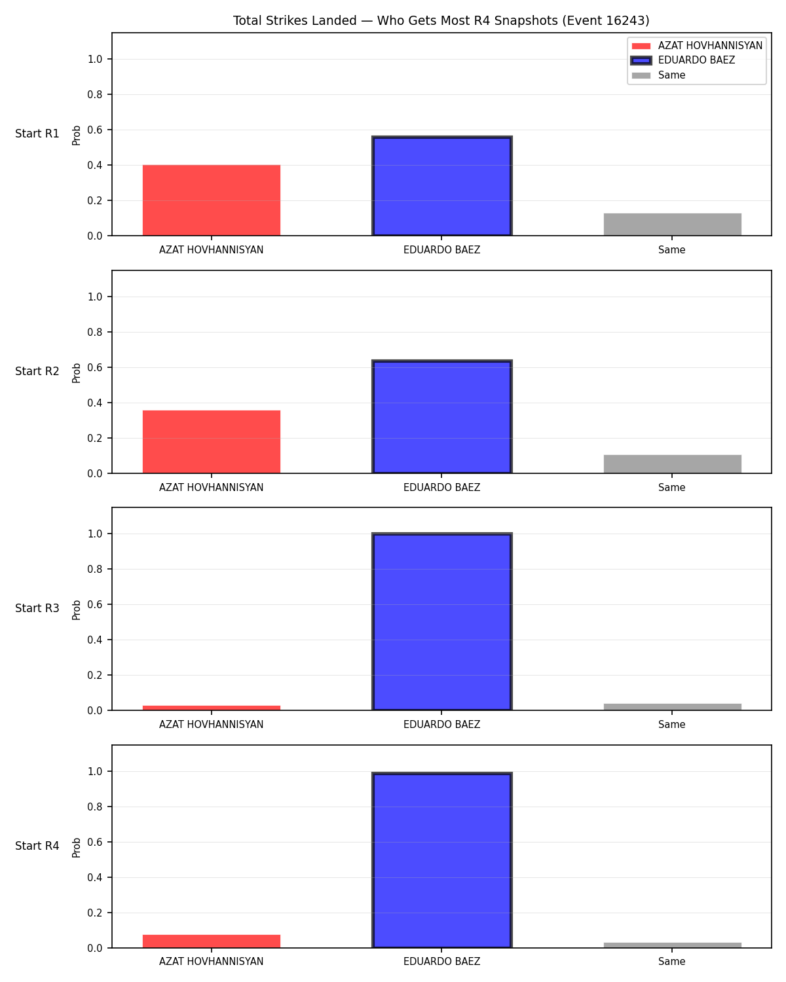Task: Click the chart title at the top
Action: [x=441, y=20]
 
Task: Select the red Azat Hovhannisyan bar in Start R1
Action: [x=212, y=200]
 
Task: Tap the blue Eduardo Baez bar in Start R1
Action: [x=441, y=186]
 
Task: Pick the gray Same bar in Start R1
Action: [x=672, y=225]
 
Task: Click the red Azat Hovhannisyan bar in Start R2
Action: [x=212, y=442]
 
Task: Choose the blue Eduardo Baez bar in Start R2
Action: [x=441, y=416]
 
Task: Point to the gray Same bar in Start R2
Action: [x=672, y=464]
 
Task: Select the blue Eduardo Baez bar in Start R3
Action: [x=441, y=621]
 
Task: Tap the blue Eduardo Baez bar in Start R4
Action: [x=441, y=860]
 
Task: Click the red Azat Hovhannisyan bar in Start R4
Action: [x=212, y=941]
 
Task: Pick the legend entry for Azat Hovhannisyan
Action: [x=696, y=46]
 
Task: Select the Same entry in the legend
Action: [x=658, y=75]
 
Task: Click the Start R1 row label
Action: [x=37, y=134]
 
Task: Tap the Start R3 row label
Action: [x=37, y=608]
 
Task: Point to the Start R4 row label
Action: [x=37, y=846]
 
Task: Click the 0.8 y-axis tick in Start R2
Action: [x=94, y=332]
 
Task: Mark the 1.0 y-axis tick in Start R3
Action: [x=94, y=534]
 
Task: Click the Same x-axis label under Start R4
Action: [x=672, y=962]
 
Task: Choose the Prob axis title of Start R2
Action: [x=76, y=373]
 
